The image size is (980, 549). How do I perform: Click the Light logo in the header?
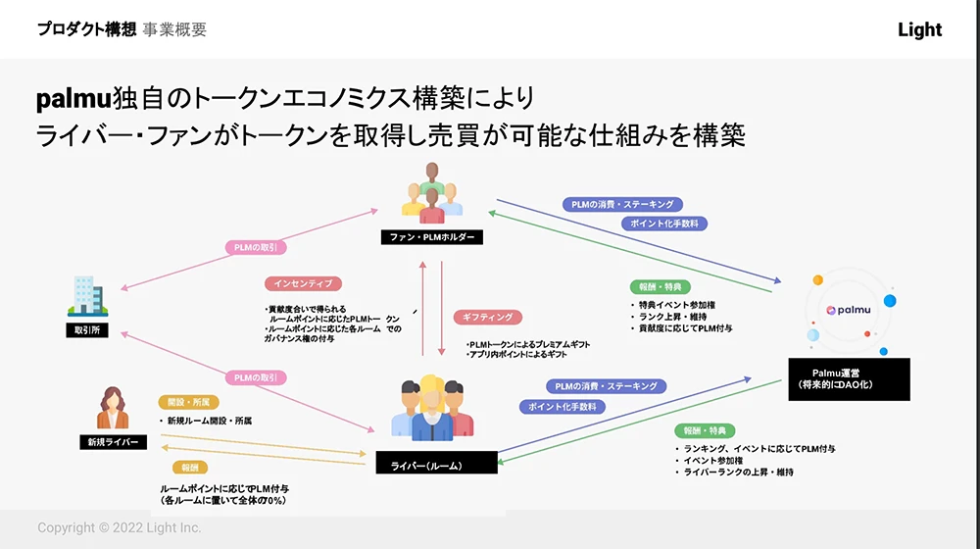tap(919, 29)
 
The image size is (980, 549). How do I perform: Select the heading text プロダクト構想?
tap(86, 29)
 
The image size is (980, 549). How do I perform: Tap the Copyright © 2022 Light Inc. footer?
tap(120, 527)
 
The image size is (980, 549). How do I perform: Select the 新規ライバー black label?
tap(113, 442)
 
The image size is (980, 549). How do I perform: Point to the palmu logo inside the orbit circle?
tap(844, 310)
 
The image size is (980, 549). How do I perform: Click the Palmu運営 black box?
tap(849, 378)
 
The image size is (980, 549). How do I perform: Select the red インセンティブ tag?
tap(302, 283)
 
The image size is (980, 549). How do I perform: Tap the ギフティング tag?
tap(487, 318)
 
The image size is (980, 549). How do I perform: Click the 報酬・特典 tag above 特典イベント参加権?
tap(660, 287)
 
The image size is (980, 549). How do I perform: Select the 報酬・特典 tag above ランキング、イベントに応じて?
tap(705, 430)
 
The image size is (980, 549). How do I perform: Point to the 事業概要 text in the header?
tap(174, 29)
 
